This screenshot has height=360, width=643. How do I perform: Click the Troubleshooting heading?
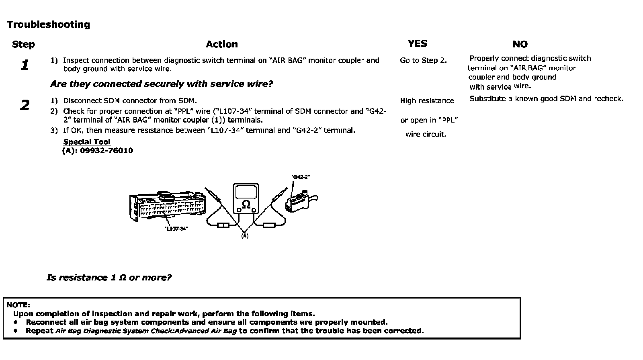coord(48,25)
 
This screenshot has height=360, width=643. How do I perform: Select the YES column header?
coord(417,44)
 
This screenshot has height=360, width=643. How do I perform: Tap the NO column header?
coord(520,44)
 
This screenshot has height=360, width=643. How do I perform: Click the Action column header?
coord(221,44)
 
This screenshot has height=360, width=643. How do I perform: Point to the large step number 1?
coord(25,65)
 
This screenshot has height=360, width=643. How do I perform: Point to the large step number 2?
coord(25,105)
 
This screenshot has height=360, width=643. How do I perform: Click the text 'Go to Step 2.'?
coord(423,61)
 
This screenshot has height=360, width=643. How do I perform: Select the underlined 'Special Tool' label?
coord(87,142)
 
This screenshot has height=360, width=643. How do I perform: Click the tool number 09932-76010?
coord(106,151)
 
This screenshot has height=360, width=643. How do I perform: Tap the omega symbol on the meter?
coord(246,205)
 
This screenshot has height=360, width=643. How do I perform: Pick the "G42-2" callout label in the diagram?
coord(301,177)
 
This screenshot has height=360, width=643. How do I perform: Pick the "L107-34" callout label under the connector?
coord(176,229)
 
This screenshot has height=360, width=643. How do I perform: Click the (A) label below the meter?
coord(245,236)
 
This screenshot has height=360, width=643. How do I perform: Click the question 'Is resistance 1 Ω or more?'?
coord(109,278)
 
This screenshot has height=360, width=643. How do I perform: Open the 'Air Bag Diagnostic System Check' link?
coord(146,331)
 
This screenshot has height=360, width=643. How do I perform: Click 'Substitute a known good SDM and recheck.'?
coord(547,98)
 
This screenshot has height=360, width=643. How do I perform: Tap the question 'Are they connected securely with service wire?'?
coord(162,84)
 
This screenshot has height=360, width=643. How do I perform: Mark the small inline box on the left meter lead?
coord(223,225)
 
